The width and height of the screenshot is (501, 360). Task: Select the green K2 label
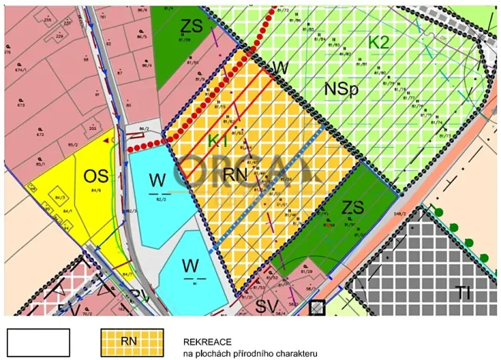378,42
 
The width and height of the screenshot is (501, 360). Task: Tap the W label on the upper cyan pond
158,180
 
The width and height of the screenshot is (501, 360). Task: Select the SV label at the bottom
266,307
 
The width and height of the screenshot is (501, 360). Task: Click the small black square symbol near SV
316,308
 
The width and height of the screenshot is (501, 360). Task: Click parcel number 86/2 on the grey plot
144,128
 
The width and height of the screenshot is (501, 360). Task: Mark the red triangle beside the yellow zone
106,140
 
